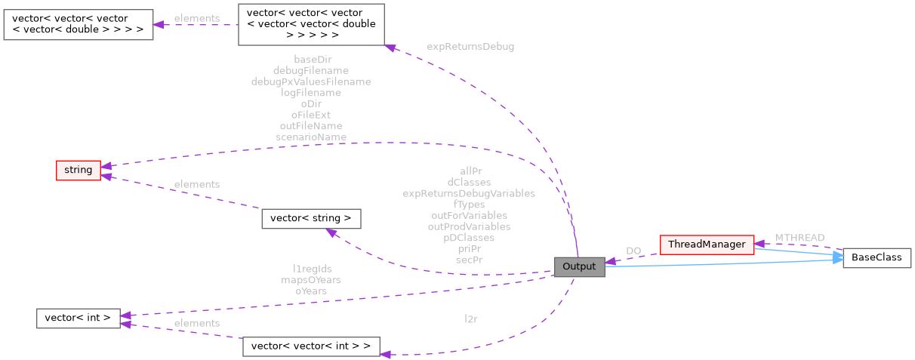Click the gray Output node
(x=579, y=266)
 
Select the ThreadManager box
(x=707, y=245)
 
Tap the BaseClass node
(x=876, y=257)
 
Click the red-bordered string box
(x=78, y=170)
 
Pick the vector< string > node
(x=311, y=219)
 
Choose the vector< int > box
(x=78, y=318)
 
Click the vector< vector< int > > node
(x=311, y=346)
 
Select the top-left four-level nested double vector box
(x=78, y=24)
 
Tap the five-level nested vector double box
(x=311, y=24)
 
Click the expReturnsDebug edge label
(x=470, y=47)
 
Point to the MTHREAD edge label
(x=799, y=238)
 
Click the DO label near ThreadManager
(x=633, y=251)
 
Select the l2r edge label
(x=471, y=319)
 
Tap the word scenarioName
(x=311, y=137)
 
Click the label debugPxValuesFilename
(x=311, y=82)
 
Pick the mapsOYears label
(x=311, y=280)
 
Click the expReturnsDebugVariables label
(x=469, y=193)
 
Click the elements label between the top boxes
(x=196, y=18)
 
